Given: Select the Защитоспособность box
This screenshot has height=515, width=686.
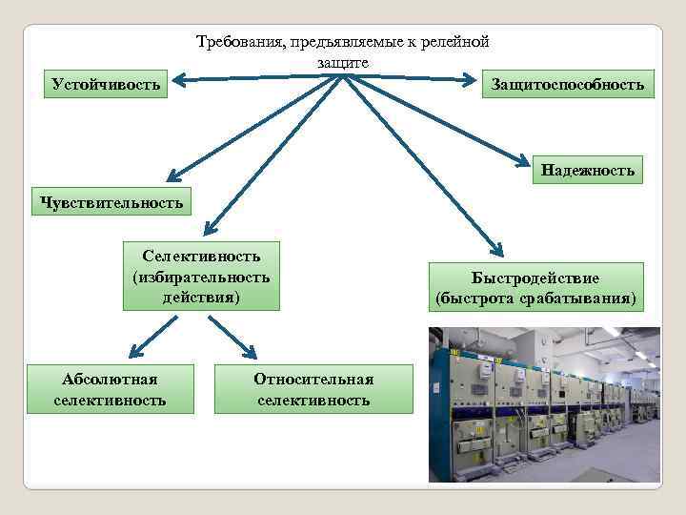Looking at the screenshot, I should click(x=568, y=85).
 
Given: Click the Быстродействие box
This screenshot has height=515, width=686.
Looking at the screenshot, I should click(x=535, y=287).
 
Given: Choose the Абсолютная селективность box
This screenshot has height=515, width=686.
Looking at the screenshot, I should click(x=110, y=389).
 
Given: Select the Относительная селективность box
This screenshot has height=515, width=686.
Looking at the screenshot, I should click(x=313, y=389).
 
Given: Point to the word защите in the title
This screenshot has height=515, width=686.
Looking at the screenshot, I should click(x=343, y=62).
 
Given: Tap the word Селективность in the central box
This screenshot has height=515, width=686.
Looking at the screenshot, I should click(x=201, y=256).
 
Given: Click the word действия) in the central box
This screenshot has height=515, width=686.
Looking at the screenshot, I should click(x=201, y=298).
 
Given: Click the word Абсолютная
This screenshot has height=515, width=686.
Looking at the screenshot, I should click(x=110, y=379).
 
